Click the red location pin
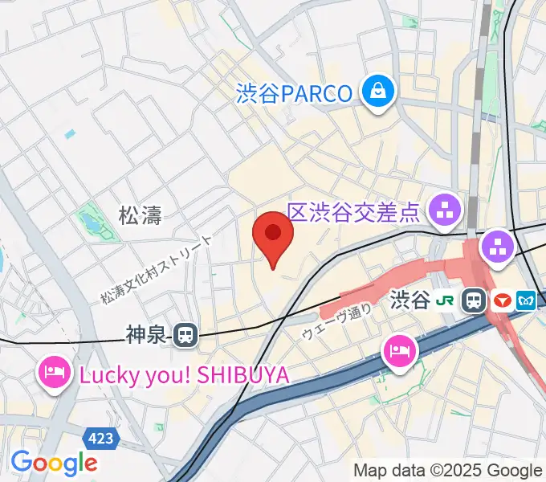[x=273, y=235]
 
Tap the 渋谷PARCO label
[x=295, y=94]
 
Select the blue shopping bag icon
[x=377, y=92]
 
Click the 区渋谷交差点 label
[x=354, y=213]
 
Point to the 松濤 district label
[x=141, y=215]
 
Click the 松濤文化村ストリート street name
[x=157, y=270]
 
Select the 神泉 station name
[x=149, y=335]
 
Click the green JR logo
[x=445, y=301]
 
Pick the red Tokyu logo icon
[x=502, y=301]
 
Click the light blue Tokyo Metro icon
[x=527, y=301]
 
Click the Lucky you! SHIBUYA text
[x=183, y=374]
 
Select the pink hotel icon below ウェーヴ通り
[x=400, y=351]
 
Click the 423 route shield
[x=101, y=439]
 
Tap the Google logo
[x=54, y=463]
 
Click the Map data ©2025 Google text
[x=448, y=470]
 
